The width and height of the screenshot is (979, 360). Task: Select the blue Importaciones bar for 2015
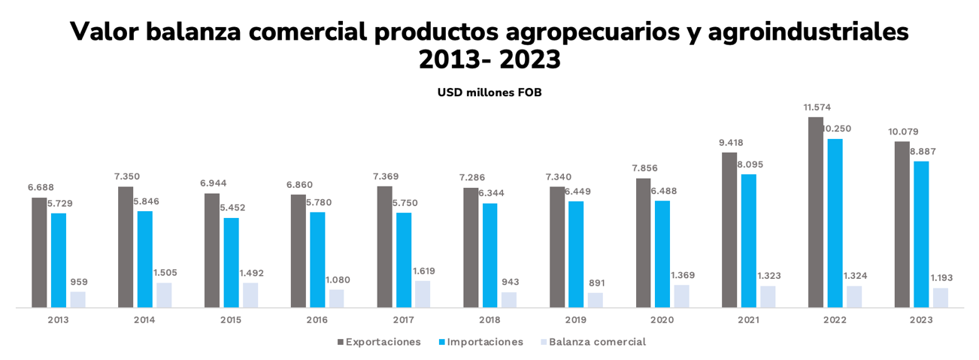[231, 262]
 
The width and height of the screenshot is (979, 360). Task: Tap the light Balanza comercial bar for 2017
[423, 294]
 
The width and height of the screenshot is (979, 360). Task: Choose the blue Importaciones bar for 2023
[921, 234]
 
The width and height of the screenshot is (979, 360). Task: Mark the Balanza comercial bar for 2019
[595, 300]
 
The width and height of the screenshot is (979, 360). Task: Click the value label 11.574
[817, 107]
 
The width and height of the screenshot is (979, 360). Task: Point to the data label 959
[78, 282]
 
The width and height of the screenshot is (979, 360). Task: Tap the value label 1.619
[423, 271]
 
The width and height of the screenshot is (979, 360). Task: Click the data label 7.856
[644, 168]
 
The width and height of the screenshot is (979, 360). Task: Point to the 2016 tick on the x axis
[317, 320]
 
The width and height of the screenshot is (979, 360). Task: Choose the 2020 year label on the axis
[662, 320]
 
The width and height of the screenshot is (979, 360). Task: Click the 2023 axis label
[921, 320]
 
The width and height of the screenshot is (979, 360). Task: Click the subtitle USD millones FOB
[489, 93]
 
